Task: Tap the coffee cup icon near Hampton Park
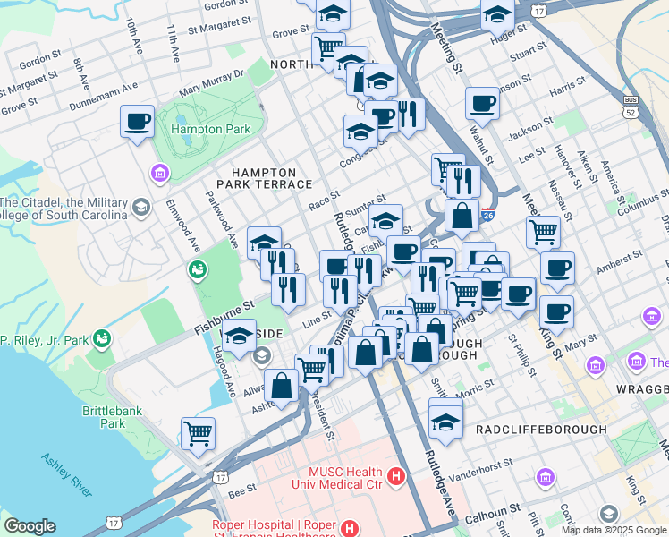138,121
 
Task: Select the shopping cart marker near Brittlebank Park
199,433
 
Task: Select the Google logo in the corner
29,526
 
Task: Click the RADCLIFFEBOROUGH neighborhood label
541,430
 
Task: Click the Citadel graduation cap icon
140,209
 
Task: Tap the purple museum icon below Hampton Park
160,172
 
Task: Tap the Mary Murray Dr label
211,84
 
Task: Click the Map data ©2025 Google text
614,530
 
